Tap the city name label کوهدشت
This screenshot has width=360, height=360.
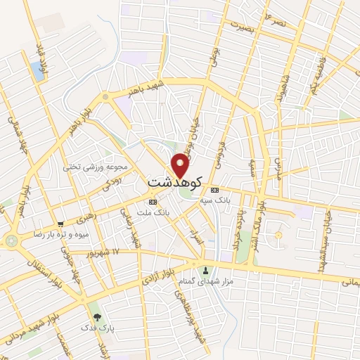[x=175, y=182]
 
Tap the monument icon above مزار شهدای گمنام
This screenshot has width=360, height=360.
[x=205, y=270]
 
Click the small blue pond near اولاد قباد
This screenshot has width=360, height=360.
[x=37, y=70]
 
